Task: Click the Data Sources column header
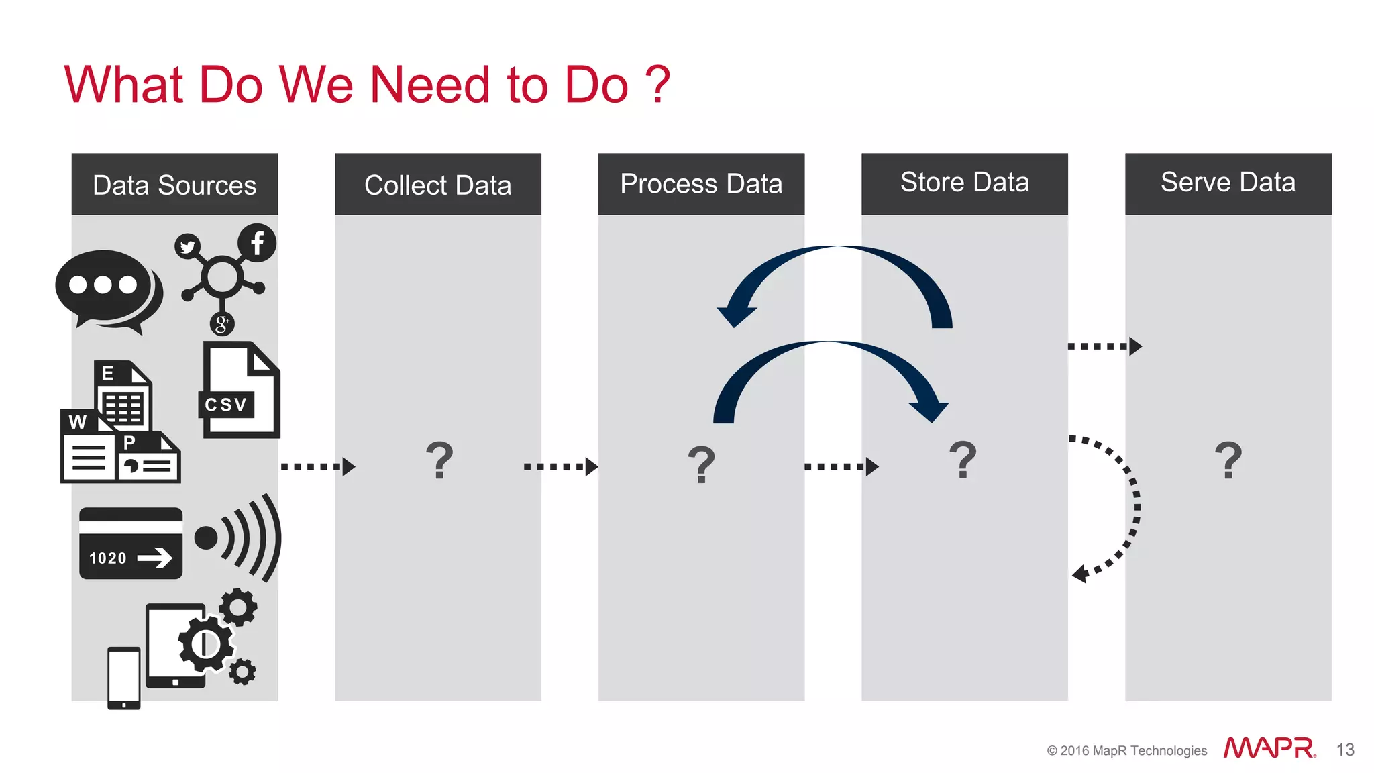pyautogui.click(x=174, y=185)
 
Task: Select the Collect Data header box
pyautogui.click(x=437, y=185)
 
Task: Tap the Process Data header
pyautogui.click(x=701, y=184)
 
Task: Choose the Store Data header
pyautogui.click(x=964, y=183)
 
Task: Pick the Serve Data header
pyautogui.click(x=1228, y=183)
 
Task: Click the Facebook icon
pyautogui.click(x=257, y=243)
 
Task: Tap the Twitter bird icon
pyautogui.click(x=188, y=247)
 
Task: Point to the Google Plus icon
pyautogui.click(x=221, y=324)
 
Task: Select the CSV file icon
pyautogui.click(x=240, y=391)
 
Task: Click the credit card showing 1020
pyautogui.click(x=131, y=544)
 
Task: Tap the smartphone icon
pyautogui.click(x=124, y=678)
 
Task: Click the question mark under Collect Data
pyautogui.click(x=439, y=460)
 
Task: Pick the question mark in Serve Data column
pyautogui.click(x=1228, y=460)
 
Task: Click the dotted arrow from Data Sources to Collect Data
pyautogui.click(x=317, y=466)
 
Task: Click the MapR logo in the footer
pyautogui.click(x=1269, y=748)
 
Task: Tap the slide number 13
pyautogui.click(x=1345, y=750)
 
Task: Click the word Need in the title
pyautogui.click(x=430, y=85)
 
